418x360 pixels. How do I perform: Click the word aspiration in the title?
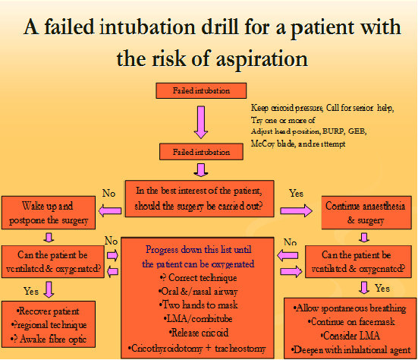coord(249,57)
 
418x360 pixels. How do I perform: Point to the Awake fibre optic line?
coord(50,339)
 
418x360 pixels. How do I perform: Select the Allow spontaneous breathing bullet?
coord(351,309)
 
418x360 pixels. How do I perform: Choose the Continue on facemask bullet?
coord(350,322)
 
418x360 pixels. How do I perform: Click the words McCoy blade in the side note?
coord(278,143)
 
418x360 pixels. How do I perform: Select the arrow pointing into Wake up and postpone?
coord(109,209)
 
